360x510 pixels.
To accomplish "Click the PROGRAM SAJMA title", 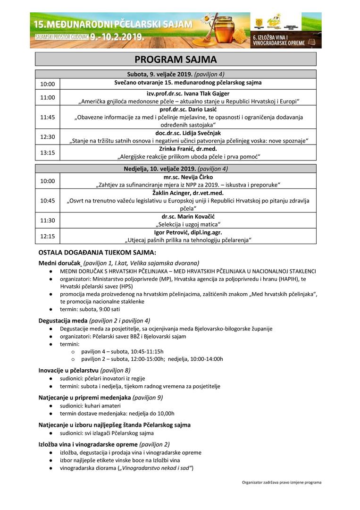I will tap(176, 59).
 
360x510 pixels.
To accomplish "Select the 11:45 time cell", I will tap(47, 117).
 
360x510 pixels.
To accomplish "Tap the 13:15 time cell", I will tap(47, 153).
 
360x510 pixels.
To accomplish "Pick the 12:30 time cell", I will tap(47, 137).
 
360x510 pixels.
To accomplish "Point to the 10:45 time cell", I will tap(47, 200).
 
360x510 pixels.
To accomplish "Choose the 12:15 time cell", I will tap(47, 236).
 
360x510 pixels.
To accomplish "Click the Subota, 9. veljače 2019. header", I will tap(176, 74).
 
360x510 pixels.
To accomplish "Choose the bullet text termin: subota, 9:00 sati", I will tap(86, 309).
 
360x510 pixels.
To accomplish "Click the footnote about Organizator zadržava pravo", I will tap(282, 483).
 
